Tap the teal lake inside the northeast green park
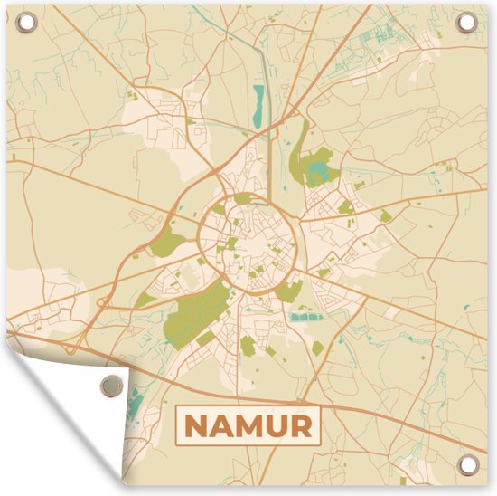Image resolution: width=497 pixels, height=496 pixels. click(x=317, y=169)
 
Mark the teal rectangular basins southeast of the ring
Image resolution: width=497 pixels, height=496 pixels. click(x=307, y=318)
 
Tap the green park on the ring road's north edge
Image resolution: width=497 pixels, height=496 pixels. click(x=243, y=198)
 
